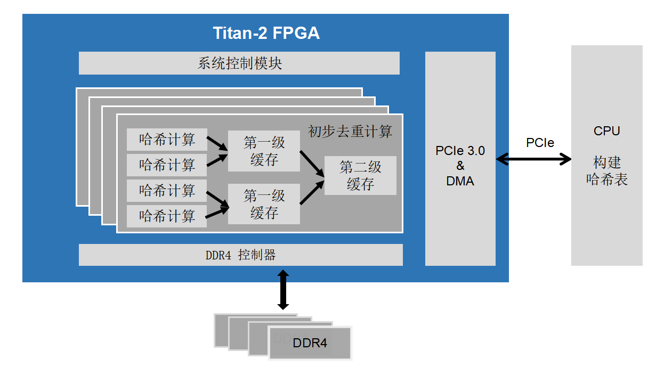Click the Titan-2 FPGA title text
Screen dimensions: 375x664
266,33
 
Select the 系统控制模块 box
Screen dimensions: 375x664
239,63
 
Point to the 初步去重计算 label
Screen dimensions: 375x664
350,132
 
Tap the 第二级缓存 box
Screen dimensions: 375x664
360,176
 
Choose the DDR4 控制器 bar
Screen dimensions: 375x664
240,255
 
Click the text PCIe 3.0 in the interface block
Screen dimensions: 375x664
460,151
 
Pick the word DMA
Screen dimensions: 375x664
460,181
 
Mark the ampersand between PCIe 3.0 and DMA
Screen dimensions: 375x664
460,166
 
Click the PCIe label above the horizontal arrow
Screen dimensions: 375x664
540,143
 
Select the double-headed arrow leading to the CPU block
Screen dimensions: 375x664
533,159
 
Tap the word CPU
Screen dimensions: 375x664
606,131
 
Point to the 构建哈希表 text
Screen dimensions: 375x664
606,171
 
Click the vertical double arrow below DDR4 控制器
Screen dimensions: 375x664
283,290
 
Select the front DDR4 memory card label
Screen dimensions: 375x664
310,343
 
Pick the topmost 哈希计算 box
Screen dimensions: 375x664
167,140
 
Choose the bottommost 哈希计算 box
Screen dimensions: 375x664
167,216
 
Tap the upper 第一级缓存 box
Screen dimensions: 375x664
264,151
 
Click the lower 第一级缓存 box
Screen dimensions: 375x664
264,205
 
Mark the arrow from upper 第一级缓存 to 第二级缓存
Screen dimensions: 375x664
312,163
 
